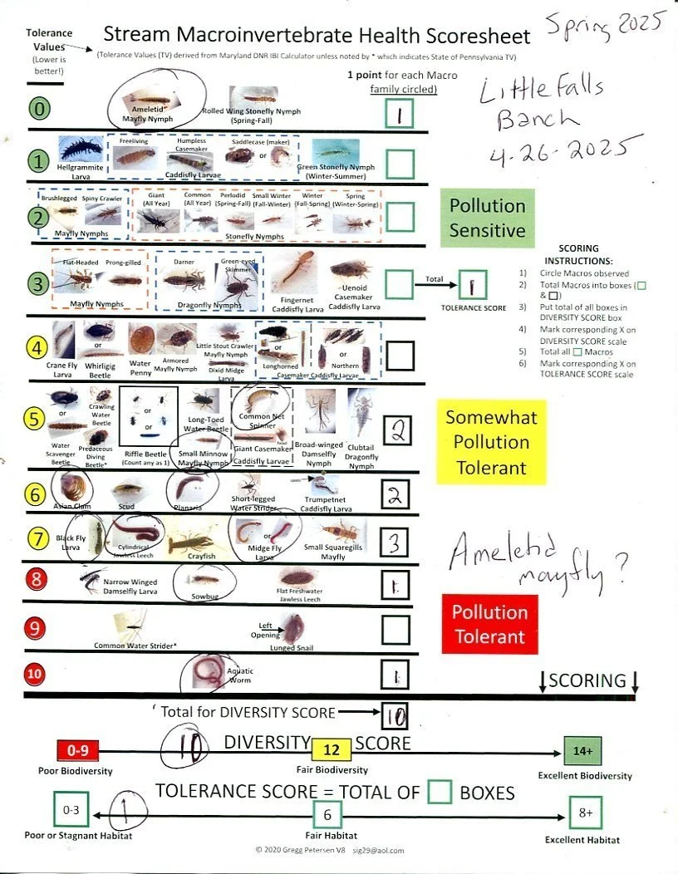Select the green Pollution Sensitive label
[488, 218]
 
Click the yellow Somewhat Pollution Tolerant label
[491, 442]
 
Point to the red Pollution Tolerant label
[489, 625]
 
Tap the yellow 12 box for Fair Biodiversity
[331, 750]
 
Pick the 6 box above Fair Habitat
[327, 815]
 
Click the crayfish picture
[192, 539]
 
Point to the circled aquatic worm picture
[204, 669]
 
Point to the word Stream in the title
[135, 36]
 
